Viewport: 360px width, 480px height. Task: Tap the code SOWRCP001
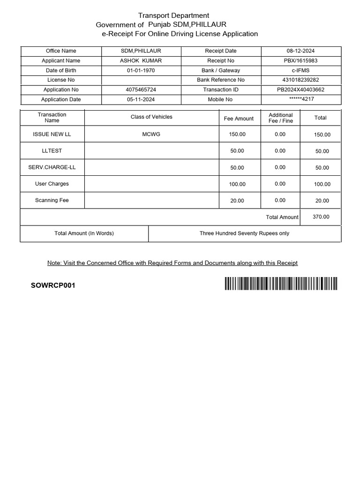tap(53, 285)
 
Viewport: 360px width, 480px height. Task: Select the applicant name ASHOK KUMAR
tap(141, 60)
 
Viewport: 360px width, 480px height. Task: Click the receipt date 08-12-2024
tap(300, 51)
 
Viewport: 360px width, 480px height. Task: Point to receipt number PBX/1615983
tap(300, 60)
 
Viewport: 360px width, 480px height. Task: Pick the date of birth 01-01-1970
tap(141, 70)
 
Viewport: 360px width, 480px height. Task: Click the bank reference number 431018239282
tap(300, 80)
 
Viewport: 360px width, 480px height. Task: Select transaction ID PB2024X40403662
tap(300, 90)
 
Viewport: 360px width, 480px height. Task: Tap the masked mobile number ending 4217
tap(300, 99)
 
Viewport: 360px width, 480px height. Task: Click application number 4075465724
tap(141, 90)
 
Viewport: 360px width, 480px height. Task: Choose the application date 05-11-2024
tap(141, 99)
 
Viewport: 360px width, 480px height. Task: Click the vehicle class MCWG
tap(151, 134)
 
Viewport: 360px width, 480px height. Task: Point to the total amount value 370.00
tap(321, 217)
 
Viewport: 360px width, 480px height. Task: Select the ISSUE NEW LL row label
tap(52, 134)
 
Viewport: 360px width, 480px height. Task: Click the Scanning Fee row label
tap(52, 200)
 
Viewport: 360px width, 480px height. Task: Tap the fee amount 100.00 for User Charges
tap(237, 184)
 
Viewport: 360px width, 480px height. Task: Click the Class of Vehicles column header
tap(151, 117)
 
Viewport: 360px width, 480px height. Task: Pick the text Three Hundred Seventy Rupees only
tap(244, 233)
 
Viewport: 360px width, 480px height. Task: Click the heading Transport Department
tap(173, 15)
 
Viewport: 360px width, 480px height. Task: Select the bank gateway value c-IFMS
tap(300, 70)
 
